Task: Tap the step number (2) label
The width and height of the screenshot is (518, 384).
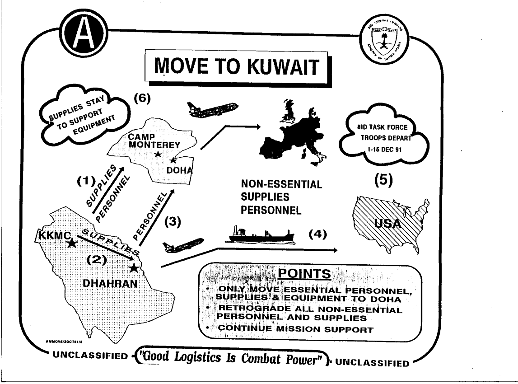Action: pyautogui.click(x=96, y=259)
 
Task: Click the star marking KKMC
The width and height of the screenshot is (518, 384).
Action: pyautogui.click(x=71, y=244)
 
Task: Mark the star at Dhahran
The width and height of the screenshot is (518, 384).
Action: pyautogui.click(x=133, y=268)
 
